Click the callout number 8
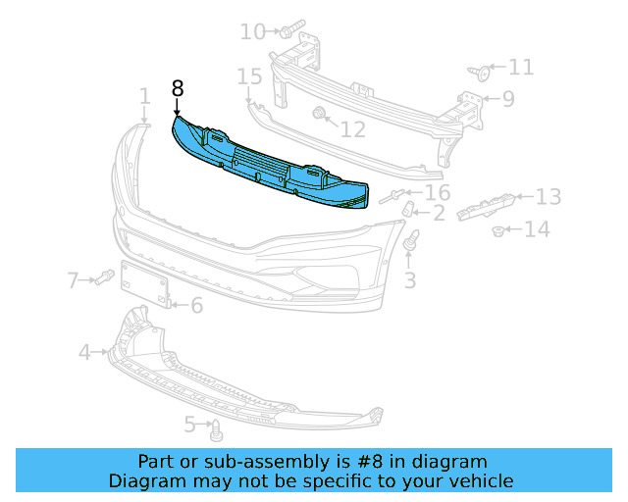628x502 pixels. point(178,87)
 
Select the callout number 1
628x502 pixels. point(144,96)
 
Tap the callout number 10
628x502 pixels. point(252,32)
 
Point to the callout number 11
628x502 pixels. point(521,67)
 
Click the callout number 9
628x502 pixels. point(508,98)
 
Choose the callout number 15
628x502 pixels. point(249,76)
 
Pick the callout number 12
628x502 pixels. point(352,128)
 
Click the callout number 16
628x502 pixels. point(437,192)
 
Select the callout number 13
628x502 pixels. point(548,197)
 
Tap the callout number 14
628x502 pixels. point(538,230)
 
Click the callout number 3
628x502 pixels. point(410,280)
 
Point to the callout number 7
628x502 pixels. point(73,281)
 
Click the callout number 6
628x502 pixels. point(196,306)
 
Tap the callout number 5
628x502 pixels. point(190,425)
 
